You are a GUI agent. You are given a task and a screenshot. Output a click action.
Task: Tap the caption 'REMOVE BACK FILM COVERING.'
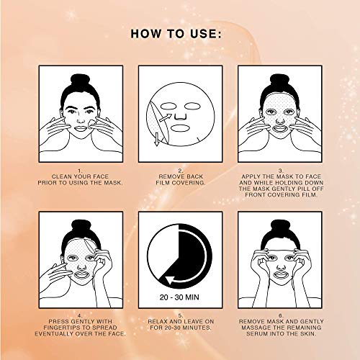pyautogui.click(x=180, y=178)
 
